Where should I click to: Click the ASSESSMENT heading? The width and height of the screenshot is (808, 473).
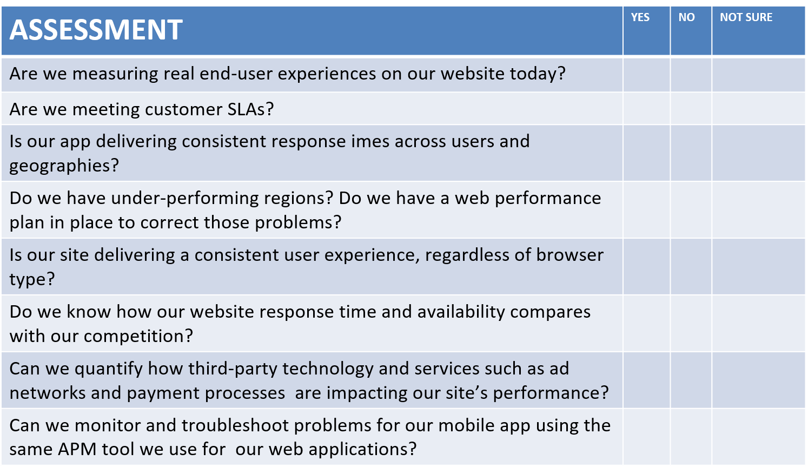pos(96,29)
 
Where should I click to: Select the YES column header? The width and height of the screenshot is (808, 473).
pos(640,17)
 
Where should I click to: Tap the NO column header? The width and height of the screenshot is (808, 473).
pos(686,17)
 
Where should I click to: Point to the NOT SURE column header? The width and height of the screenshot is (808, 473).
pos(746,17)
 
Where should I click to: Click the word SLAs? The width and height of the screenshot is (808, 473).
pos(250,109)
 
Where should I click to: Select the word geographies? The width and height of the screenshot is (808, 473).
pos(64,166)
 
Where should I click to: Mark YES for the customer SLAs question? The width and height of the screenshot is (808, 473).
pos(646,109)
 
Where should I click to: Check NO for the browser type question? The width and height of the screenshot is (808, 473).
pos(691,266)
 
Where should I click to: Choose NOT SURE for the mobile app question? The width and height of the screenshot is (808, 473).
pos(758,437)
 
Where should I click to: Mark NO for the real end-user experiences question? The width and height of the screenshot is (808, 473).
pos(691,75)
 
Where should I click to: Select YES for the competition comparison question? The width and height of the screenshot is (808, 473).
pos(646,324)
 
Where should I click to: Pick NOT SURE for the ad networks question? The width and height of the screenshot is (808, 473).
pos(758,380)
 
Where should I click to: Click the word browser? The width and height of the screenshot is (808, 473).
pos(569,255)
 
